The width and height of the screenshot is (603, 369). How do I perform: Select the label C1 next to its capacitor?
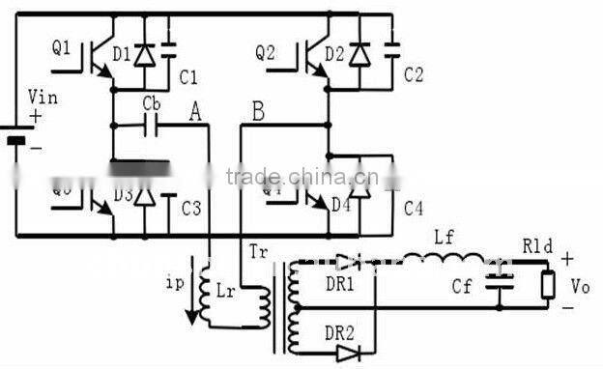[189, 76]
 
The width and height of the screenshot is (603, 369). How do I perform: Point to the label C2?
[413, 73]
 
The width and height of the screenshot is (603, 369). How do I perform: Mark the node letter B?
[257, 112]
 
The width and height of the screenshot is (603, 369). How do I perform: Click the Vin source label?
[42, 100]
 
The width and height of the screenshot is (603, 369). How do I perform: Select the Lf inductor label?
[445, 237]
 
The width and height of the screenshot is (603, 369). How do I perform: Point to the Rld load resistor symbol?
[548, 284]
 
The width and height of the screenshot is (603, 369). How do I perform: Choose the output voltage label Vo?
[579, 287]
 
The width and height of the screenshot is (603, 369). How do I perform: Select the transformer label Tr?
[259, 254]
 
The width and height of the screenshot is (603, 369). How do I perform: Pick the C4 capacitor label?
[414, 208]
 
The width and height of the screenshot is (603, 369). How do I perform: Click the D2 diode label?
[334, 54]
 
